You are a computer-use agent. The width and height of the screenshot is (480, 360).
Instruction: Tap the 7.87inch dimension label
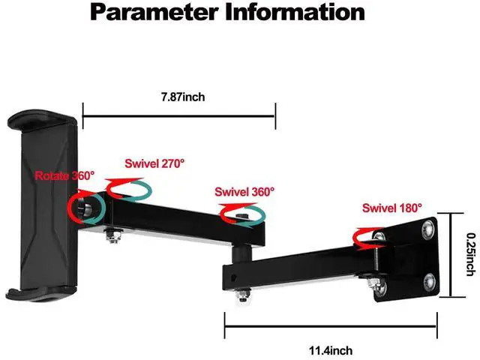point(182,97)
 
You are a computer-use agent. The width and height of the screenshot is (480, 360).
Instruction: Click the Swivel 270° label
point(154,162)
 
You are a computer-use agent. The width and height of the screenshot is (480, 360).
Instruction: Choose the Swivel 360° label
point(244,191)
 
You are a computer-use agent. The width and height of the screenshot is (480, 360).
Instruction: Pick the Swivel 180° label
point(392,208)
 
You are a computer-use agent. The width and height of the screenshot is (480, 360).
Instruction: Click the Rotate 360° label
point(64,175)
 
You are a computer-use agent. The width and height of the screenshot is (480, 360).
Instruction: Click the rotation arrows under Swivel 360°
point(241,214)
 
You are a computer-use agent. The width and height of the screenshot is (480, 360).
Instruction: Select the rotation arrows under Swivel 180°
point(367,237)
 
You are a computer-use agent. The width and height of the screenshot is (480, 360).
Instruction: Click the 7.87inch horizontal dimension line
point(179,116)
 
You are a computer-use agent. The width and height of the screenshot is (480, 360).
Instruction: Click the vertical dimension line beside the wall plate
point(450,255)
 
